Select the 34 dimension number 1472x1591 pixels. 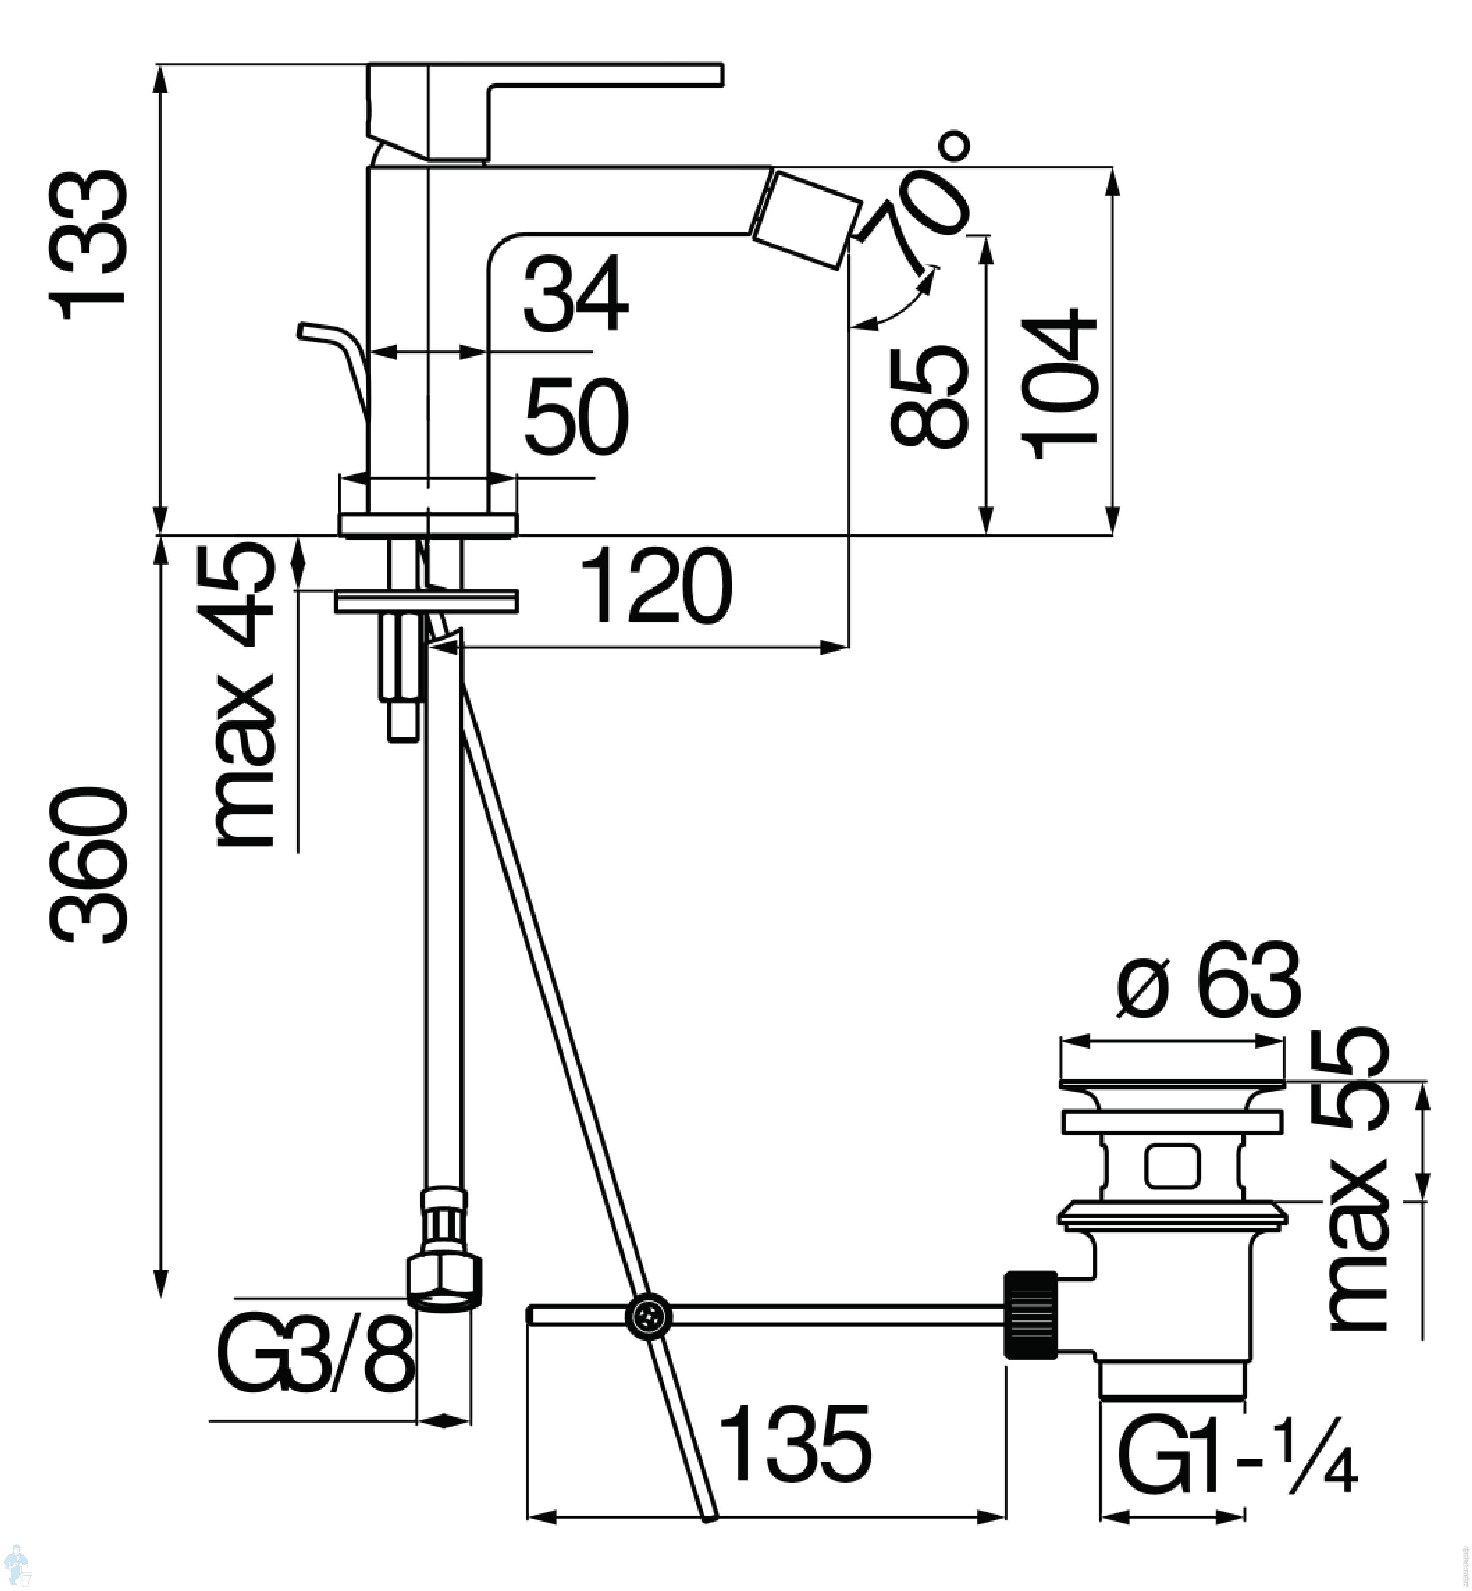(575, 295)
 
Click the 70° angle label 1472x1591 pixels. (928, 199)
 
